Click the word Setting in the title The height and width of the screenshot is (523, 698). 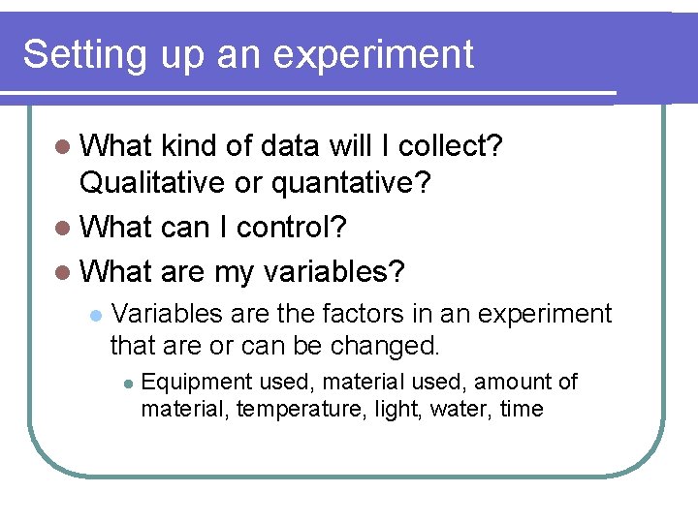(81, 55)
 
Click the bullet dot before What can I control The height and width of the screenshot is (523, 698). (64, 229)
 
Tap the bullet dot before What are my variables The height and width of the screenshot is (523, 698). (64, 272)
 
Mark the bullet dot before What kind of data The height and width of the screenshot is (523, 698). (64, 147)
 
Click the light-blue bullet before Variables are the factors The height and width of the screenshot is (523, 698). (95, 316)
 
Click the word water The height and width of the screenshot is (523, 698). (462, 409)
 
